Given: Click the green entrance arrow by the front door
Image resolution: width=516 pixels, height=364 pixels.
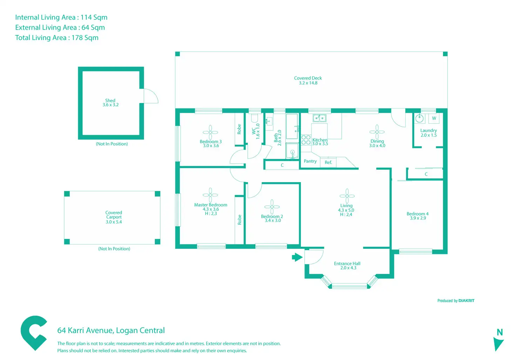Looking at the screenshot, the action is click(x=297, y=257).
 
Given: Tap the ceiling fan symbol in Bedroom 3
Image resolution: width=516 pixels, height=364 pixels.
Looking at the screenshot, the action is click(x=210, y=132).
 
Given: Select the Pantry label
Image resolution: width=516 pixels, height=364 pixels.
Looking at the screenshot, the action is click(x=310, y=161).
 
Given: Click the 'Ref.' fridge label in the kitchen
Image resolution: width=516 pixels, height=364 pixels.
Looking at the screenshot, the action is click(x=328, y=163).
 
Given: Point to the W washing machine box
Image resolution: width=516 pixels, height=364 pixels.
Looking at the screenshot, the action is click(x=434, y=118).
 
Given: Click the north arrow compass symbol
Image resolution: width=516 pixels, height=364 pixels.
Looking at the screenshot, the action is click(x=498, y=343).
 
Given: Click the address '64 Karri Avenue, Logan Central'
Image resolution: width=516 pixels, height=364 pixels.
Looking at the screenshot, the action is click(x=111, y=330).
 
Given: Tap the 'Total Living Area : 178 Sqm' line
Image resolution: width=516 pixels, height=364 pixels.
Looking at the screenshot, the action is click(x=57, y=38).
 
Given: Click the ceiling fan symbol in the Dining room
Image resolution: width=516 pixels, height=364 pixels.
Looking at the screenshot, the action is click(x=377, y=132).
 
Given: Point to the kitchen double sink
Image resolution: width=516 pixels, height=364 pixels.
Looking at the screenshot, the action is click(x=319, y=118).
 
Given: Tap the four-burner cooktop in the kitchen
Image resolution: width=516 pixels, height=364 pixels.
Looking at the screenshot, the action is click(x=306, y=140).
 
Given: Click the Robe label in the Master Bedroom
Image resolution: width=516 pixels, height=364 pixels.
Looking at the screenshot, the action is click(x=239, y=220).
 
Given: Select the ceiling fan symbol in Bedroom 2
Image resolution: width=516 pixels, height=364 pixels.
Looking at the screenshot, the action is click(x=272, y=207).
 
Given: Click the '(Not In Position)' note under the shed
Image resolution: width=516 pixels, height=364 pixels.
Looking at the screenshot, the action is click(x=112, y=144).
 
